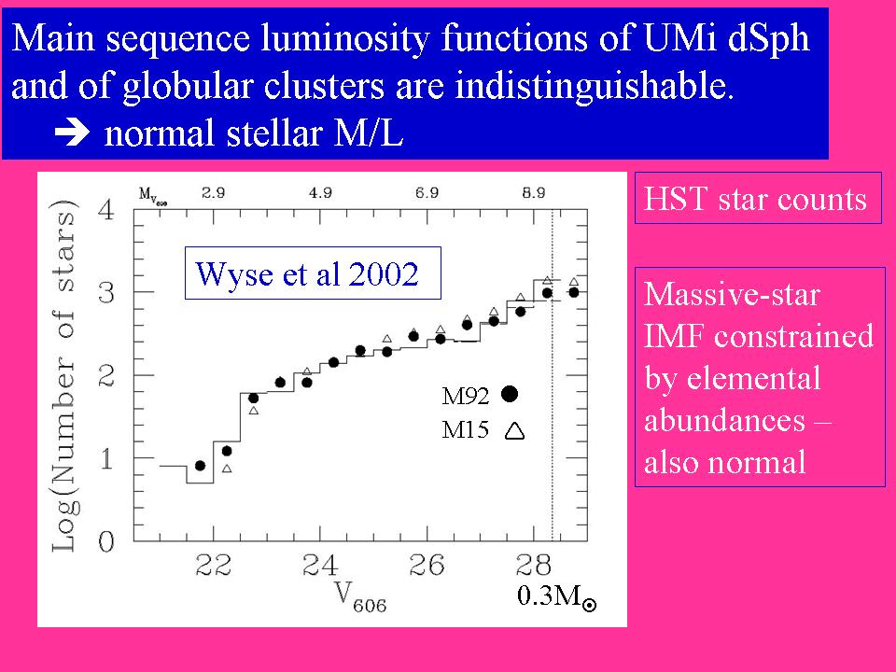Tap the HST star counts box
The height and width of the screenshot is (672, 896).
(757, 199)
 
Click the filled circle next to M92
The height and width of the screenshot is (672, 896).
(510, 394)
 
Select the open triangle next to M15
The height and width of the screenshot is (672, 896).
(513, 431)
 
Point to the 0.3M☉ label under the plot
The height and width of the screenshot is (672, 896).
(556, 597)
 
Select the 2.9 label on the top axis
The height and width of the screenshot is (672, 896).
(213, 193)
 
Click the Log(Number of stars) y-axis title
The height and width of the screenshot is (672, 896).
(65, 373)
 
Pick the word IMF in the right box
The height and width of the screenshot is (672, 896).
(677, 337)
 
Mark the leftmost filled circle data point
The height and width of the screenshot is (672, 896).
(200, 465)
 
